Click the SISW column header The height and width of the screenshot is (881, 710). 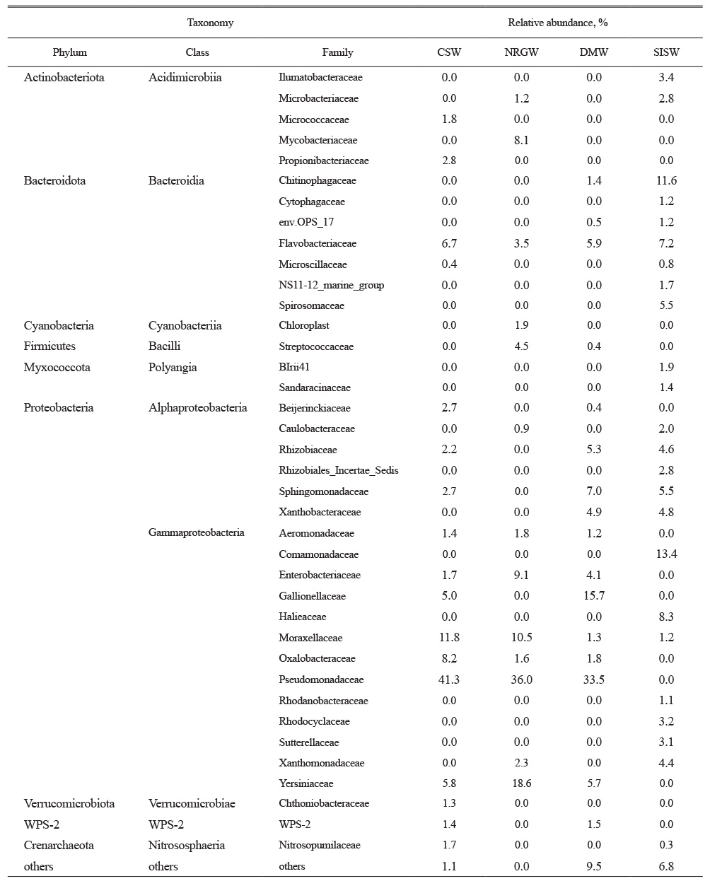(x=666, y=52)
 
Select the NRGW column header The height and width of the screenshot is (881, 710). (x=521, y=52)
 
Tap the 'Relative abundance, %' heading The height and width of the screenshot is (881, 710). (x=558, y=23)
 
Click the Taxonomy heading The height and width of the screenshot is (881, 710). (x=210, y=23)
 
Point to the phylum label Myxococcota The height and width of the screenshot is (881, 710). (x=57, y=367)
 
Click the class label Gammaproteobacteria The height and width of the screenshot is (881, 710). (x=197, y=532)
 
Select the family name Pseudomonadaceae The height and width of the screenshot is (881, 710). (x=321, y=679)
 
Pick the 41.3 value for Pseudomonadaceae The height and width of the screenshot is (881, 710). (x=449, y=679)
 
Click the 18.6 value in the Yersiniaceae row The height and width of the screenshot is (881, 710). (x=521, y=783)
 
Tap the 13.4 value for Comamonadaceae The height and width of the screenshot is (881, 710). (x=666, y=554)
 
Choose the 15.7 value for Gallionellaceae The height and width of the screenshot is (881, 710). (x=594, y=595)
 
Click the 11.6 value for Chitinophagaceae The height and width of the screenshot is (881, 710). (x=666, y=180)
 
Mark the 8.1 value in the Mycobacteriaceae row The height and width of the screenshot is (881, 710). (x=521, y=140)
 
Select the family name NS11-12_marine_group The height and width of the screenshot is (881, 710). (x=331, y=285)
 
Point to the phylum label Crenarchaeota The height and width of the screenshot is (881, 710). (x=59, y=845)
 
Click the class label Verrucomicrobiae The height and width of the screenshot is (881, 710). (x=192, y=803)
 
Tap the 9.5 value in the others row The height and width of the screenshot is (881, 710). (x=594, y=866)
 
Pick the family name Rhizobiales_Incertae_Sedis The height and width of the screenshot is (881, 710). (x=339, y=470)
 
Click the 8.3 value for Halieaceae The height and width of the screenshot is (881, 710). (x=666, y=617)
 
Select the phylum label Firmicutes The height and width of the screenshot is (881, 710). (x=50, y=346)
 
